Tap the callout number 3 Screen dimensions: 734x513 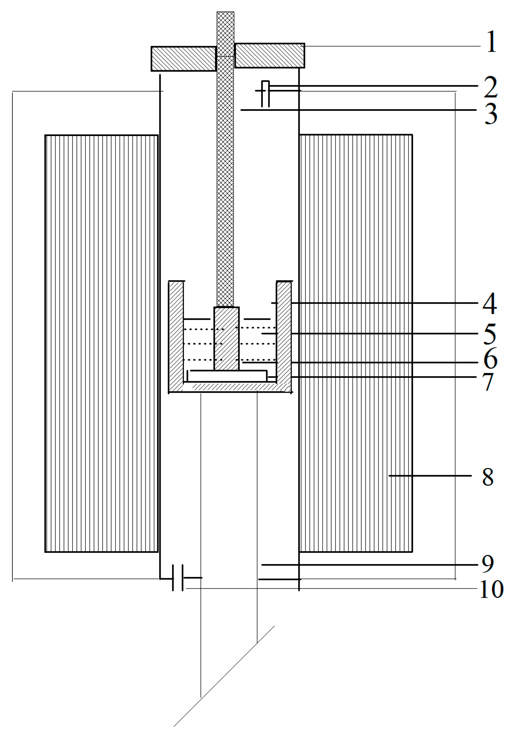tap(491, 113)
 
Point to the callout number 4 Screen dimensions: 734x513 tap(489, 303)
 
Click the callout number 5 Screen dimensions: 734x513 tap(490, 334)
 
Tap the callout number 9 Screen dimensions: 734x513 tap(488, 564)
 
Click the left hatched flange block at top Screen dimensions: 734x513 tap(184, 59)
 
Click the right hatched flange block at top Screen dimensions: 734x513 tap(269, 56)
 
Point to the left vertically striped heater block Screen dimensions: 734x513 tap(102, 343)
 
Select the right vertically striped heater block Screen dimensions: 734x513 tap(356, 343)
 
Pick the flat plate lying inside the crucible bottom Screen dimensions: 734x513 tap(227, 376)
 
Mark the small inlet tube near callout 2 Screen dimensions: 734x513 tap(265, 93)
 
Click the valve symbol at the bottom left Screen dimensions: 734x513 tap(178, 578)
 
